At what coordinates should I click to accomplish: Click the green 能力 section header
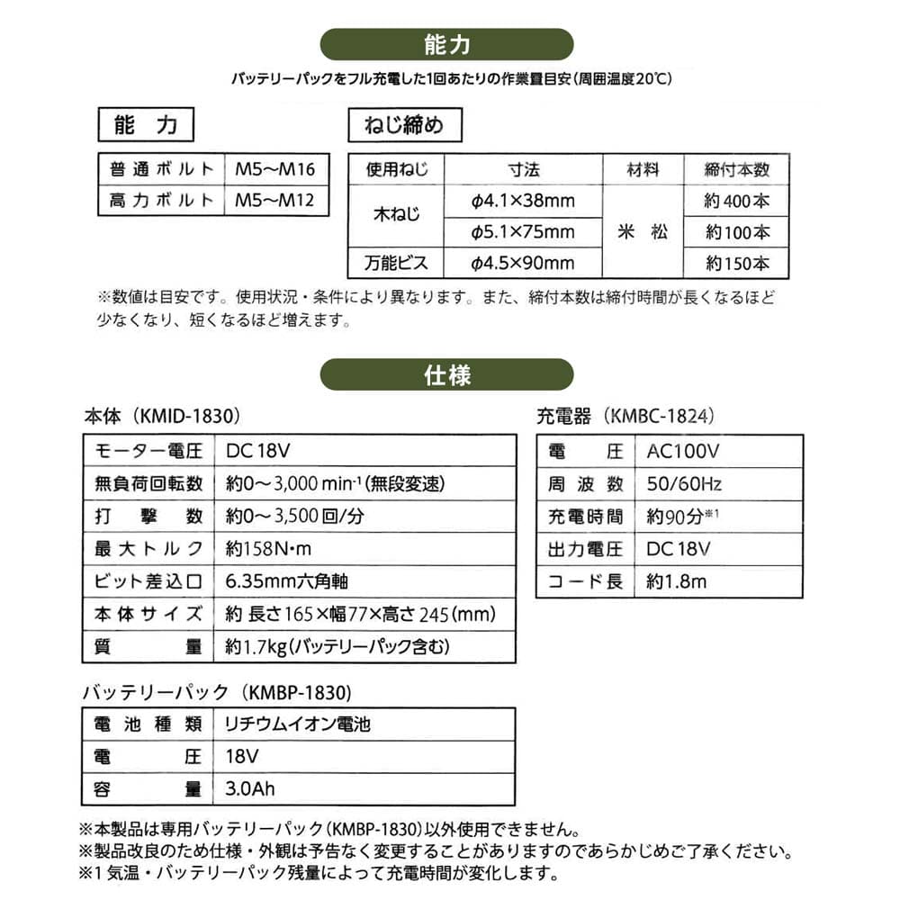pyautogui.click(x=446, y=44)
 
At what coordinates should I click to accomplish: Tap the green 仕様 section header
pyautogui.click(x=446, y=374)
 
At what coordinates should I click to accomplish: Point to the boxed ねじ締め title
pyautogui.click(x=404, y=126)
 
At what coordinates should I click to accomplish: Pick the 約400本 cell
pyautogui.click(x=738, y=201)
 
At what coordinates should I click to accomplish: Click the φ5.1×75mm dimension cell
pyautogui.click(x=523, y=232)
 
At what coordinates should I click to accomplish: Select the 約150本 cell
pyautogui.click(x=738, y=264)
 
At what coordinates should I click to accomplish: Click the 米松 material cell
pyautogui.click(x=643, y=231)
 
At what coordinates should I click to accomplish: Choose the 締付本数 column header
pyautogui.click(x=738, y=170)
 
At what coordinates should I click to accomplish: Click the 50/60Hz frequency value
pyautogui.click(x=684, y=484)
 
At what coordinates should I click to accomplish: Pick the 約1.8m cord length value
pyautogui.click(x=677, y=581)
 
